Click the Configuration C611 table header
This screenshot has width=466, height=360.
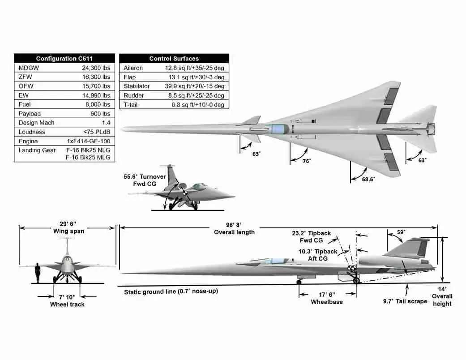(64, 58)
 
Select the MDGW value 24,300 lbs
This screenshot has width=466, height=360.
(96, 68)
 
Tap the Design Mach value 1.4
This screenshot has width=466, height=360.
(106, 123)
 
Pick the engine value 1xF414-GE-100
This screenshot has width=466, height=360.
(89, 141)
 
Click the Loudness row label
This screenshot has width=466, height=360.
(32, 132)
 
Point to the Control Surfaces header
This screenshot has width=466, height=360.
(174, 58)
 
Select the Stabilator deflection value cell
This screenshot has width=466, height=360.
(194, 86)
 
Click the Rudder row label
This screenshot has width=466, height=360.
(134, 95)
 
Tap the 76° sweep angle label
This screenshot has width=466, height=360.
(307, 161)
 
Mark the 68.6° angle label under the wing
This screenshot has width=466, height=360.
(368, 179)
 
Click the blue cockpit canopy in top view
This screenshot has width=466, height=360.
(279, 129)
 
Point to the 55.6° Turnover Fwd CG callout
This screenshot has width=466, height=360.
(145, 180)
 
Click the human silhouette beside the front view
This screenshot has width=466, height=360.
(38, 273)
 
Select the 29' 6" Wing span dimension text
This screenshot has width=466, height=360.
(68, 227)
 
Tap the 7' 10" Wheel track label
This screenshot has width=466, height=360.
(67, 300)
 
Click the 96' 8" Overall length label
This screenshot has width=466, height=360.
(234, 229)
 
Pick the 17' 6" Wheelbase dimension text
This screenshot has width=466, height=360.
(327, 298)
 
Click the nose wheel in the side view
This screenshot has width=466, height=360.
(299, 282)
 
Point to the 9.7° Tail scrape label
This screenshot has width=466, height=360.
(405, 301)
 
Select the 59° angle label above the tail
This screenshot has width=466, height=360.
(401, 232)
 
